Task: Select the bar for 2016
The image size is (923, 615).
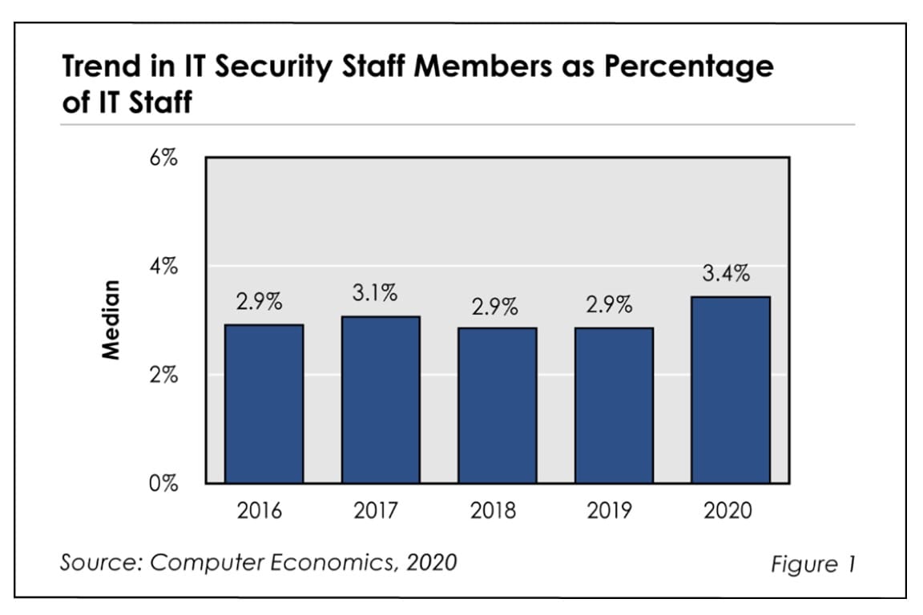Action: [264, 404]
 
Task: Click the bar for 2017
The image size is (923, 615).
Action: [380, 400]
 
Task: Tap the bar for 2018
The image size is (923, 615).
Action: [497, 405]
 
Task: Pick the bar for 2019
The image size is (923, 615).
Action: [614, 405]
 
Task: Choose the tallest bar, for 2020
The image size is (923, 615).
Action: [730, 390]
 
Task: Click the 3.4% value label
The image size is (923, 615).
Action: [726, 274]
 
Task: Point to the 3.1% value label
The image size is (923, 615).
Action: [375, 294]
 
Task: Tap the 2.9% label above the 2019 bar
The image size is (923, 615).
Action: [609, 305]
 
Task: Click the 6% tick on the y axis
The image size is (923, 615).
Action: [163, 158]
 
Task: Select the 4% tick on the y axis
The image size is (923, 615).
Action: [163, 267]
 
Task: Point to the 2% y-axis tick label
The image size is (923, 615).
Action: [163, 375]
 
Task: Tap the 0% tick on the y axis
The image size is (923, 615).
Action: [163, 484]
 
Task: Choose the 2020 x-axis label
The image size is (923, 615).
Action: [728, 510]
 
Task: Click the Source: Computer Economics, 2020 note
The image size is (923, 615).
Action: [258, 561]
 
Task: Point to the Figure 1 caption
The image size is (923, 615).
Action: [812, 564]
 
